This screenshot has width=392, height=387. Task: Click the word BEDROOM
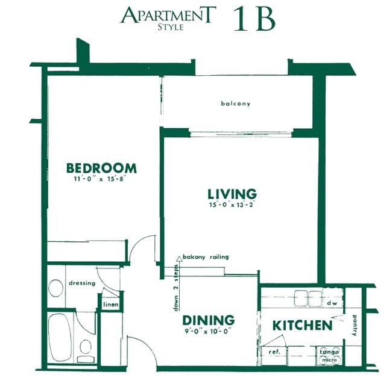(101, 168)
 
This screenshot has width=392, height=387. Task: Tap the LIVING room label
(232, 194)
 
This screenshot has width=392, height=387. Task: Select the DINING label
(208, 320)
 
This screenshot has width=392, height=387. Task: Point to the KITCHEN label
(302, 326)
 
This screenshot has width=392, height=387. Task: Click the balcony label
(236, 104)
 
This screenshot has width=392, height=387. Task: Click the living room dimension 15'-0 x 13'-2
(232, 205)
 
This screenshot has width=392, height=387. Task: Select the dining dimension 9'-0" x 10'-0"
(208, 330)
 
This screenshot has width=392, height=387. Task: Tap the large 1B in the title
(254, 19)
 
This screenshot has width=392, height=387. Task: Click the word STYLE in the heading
(171, 26)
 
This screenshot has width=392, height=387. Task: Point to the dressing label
(82, 283)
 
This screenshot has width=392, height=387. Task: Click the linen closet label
(110, 305)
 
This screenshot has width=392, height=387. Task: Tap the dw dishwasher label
(331, 304)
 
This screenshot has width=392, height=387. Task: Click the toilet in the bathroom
(85, 347)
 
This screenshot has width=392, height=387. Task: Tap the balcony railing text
(206, 256)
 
